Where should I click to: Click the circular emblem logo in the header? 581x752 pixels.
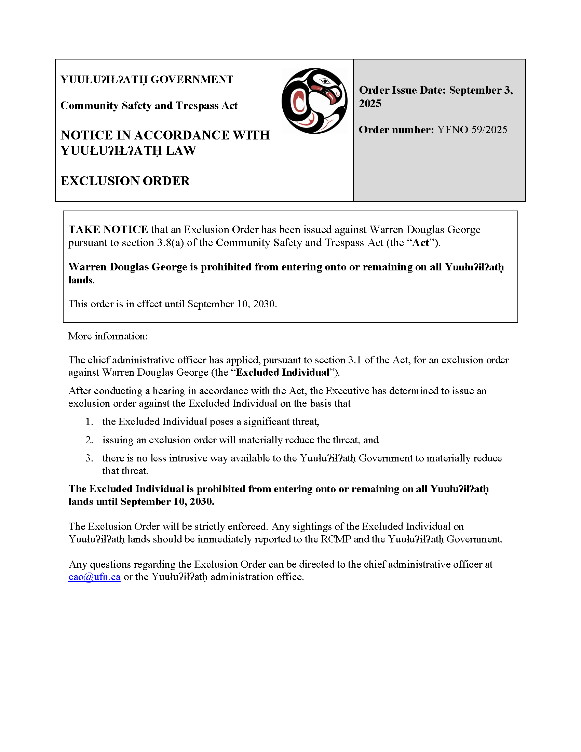pos(314,101)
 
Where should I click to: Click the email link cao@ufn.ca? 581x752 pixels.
pos(94,577)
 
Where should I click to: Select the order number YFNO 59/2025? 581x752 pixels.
pos(472,130)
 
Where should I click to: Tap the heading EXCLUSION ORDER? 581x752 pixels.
pos(125,181)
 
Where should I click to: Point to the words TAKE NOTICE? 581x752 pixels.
pos(108,229)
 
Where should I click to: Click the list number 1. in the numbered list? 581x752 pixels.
pos(89,421)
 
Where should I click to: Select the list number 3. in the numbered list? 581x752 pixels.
pos(89,458)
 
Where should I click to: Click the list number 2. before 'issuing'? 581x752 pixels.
pos(89,440)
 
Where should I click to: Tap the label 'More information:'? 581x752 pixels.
pos(108,336)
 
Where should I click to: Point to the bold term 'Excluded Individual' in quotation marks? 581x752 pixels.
pos(282,372)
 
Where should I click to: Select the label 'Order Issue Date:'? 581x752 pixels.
pos(402,90)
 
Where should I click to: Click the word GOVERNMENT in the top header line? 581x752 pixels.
pos(192,79)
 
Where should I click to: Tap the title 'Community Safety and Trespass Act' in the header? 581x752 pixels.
pos(149,105)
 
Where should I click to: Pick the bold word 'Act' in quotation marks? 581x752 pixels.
pos(421,243)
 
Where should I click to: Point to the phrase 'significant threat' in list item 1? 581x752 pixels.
pos(281,421)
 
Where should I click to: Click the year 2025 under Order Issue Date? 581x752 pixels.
pos(370,103)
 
